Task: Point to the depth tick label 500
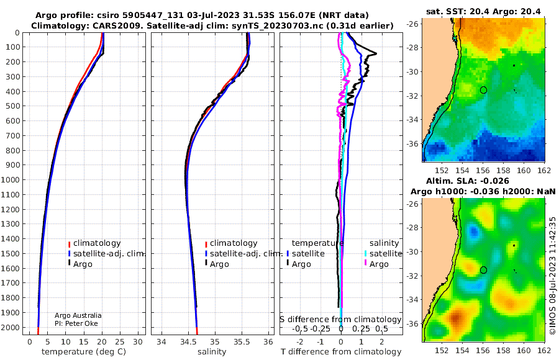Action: click(x=14, y=106)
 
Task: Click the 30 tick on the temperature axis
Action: click(x=138, y=341)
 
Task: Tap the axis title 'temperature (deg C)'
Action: click(x=84, y=352)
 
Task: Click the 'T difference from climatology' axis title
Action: click(x=341, y=352)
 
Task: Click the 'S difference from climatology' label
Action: click(x=340, y=320)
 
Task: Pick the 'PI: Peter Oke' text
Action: click(x=76, y=323)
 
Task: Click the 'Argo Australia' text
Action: click(x=78, y=315)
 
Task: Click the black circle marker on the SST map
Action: click(x=483, y=90)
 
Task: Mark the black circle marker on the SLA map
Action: click(x=483, y=270)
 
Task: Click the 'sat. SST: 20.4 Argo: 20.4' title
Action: click(x=483, y=12)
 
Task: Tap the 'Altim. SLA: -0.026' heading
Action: click(x=467, y=181)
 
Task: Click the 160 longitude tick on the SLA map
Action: click(x=524, y=351)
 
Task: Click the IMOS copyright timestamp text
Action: click(x=553, y=276)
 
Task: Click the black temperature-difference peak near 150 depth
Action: click(x=376, y=54)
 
